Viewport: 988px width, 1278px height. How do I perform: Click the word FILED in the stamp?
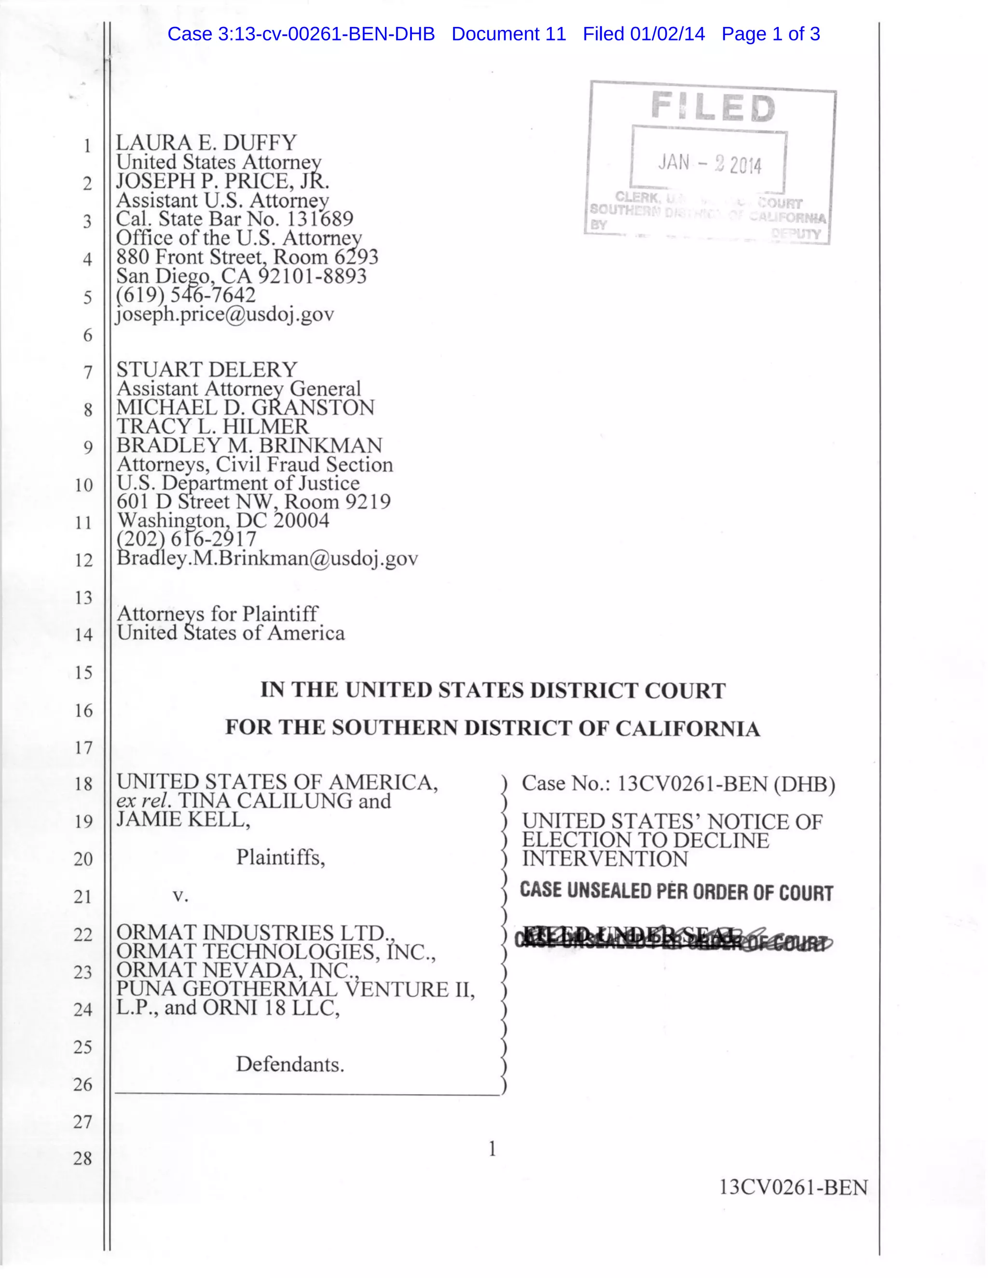pyautogui.click(x=713, y=108)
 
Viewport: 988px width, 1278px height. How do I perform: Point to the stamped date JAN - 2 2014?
pyautogui.click(x=709, y=163)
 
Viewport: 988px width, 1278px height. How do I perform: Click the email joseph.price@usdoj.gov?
pyautogui.click(x=225, y=314)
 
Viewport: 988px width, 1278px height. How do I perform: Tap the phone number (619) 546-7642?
pyautogui.click(x=186, y=295)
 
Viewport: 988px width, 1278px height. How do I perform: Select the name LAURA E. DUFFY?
pyautogui.click(x=206, y=143)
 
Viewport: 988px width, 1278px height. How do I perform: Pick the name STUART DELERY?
pyautogui.click(x=207, y=370)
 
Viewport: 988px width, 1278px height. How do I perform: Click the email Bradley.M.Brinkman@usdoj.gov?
pyautogui.click(x=267, y=558)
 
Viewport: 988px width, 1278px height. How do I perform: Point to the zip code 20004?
pyautogui.click(x=302, y=520)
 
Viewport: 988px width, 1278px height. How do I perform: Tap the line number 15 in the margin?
pyautogui.click(x=83, y=672)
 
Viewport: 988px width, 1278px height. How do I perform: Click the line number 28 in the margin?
pyautogui.click(x=83, y=1158)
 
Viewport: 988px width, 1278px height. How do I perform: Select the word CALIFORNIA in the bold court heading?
pyautogui.click(x=687, y=729)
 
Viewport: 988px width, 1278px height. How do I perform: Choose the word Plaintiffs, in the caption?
pyautogui.click(x=280, y=858)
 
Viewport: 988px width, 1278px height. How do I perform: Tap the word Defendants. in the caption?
pyautogui.click(x=290, y=1064)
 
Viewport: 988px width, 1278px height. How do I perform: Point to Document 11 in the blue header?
pyautogui.click(x=508, y=34)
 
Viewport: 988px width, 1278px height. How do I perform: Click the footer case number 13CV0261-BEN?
pyautogui.click(x=793, y=1187)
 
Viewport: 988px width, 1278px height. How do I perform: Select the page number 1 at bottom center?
pyautogui.click(x=492, y=1149)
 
